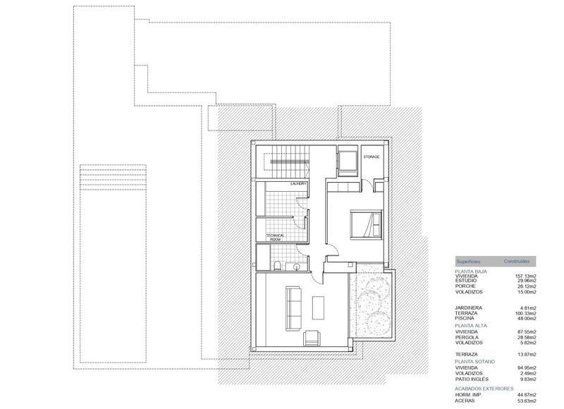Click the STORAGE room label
[372, 156]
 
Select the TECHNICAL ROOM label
[274, 238]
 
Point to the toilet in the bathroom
[281, 266]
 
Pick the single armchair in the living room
[310, 338]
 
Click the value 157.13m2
[525, 276]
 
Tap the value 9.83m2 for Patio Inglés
[527, 377]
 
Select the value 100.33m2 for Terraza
[525, 313]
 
